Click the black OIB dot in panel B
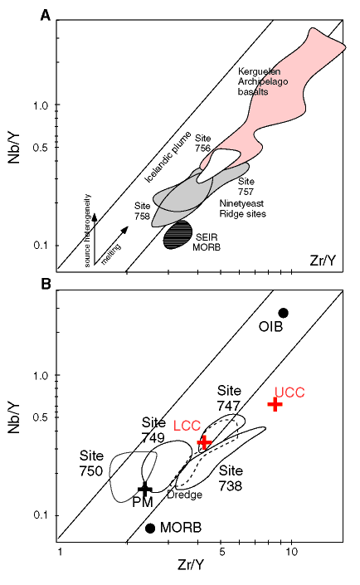tap(284, 313)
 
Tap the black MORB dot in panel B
tap(150, 528)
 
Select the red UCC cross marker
tap(275, 404)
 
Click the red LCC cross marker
tap(204, 442)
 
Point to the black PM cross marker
tap(144, 489)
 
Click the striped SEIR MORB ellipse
tap(178, 235)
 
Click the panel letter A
tap(45, 16)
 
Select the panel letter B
tap(46, 284)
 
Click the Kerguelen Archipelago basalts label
tap(263, 81)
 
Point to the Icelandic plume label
tap(168, 157)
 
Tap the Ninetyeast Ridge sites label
tap(242, 208)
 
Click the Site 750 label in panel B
tap(91, 463)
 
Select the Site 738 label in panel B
tap(231, 478)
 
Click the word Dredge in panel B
tap(185, 495)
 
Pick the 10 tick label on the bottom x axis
tap(291, 552)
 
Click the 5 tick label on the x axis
tap(221, 552)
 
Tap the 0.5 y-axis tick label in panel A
tap(41, 148)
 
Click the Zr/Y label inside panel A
tap(323, 261)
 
